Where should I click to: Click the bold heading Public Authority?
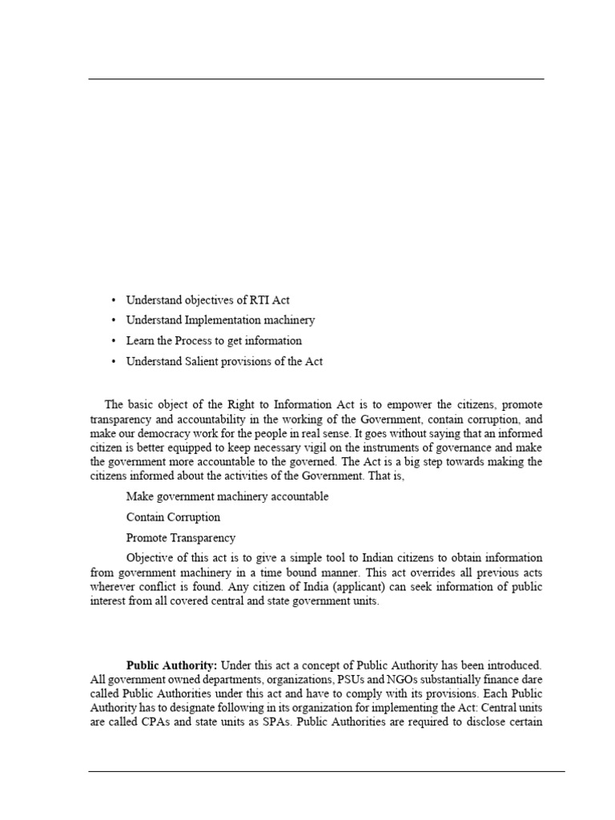tap(171, 665)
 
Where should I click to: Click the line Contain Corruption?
tap(173, 517)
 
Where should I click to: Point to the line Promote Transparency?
tap(181, 538)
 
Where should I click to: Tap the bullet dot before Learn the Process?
tap(114, 341)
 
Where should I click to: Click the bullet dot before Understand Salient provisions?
tap(114, 362)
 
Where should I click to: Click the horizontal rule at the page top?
tap(316, 79)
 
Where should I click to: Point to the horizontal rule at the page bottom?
tap(327, 772)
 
